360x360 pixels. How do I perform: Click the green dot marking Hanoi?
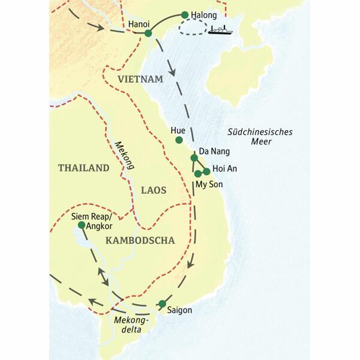148,34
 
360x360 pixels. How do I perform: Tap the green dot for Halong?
185,14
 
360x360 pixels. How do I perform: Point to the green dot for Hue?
178,140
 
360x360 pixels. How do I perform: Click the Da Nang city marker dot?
193,158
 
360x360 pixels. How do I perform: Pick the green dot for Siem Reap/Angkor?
82,225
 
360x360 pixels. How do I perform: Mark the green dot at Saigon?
162,304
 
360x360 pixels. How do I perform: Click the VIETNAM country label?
140,79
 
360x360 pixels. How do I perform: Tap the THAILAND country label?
83,168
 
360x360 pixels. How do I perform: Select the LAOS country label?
153,190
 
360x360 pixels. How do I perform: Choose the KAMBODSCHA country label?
139,241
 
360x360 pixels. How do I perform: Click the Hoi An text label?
224,169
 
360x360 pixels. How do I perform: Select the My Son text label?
209,185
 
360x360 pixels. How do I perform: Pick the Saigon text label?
180,310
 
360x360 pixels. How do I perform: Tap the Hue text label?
178,129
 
